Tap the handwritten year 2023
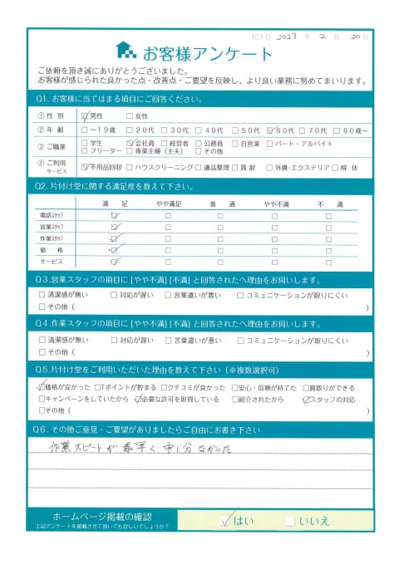coord(285,37)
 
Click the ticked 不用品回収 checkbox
coord(86,166)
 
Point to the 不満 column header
coord(325,203)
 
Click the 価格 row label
coord(52,248)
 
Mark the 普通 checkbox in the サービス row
coord(219,260)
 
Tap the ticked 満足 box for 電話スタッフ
coord(115,215)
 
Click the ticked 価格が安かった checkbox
coord(42,387)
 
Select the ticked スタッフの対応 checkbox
coord(306,399)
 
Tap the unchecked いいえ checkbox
coord(289,521)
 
